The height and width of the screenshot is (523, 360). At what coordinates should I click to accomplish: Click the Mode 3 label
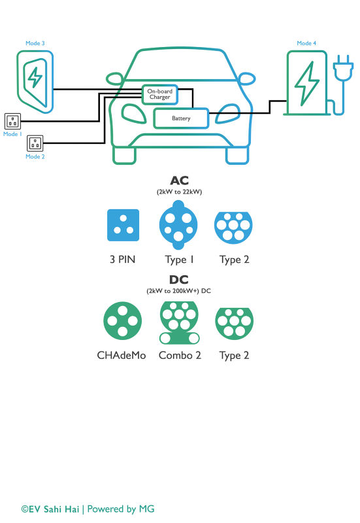pos(35,43)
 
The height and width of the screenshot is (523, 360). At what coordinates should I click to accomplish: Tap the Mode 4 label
pos(306,43)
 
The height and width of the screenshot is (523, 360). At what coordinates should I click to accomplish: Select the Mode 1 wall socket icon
pos(13,121)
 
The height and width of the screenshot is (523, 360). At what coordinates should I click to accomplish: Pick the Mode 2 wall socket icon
pos(35,142)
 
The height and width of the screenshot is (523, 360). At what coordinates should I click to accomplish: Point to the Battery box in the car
pos(181,118)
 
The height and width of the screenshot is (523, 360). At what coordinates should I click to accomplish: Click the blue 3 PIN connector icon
pos(123,226)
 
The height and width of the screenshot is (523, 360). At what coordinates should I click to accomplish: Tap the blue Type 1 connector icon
pos(178,226)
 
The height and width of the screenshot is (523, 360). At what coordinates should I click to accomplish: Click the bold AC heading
pos(180,180)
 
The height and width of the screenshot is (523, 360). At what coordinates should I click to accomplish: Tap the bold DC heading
pos(180,280)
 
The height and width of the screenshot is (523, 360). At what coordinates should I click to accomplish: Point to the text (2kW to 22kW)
pos(180,193)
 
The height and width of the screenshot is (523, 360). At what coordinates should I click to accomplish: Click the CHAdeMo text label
pos(122,356)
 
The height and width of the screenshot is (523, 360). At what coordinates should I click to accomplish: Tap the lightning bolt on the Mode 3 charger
pos(35,77)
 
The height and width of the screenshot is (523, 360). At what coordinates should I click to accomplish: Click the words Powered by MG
pos(121,509)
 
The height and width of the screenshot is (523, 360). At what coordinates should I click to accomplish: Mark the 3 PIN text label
pos(123,260)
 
